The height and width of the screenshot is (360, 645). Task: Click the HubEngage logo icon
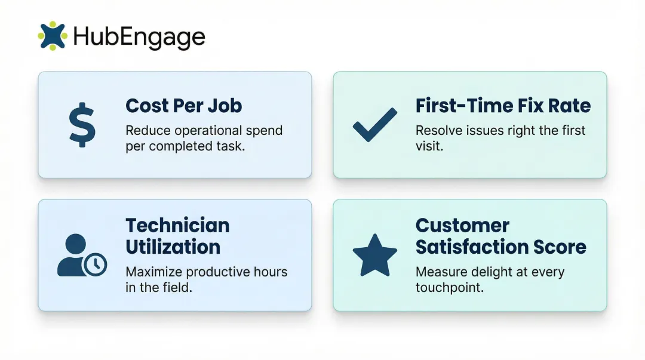52,36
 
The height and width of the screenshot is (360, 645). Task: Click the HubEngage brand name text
139,37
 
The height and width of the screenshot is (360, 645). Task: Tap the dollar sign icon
81,125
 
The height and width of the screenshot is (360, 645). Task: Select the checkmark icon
374,124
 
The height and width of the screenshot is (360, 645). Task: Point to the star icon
375,255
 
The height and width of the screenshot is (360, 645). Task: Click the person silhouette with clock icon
81,256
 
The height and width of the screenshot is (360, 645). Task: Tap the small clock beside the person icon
95,263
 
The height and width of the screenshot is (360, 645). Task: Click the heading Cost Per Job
183,106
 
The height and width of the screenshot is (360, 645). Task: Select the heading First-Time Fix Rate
503,106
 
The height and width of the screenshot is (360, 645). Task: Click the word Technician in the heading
177,226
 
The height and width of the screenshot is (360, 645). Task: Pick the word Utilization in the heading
173,247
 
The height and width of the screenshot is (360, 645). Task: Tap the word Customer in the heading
462,226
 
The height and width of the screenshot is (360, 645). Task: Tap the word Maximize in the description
153,272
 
